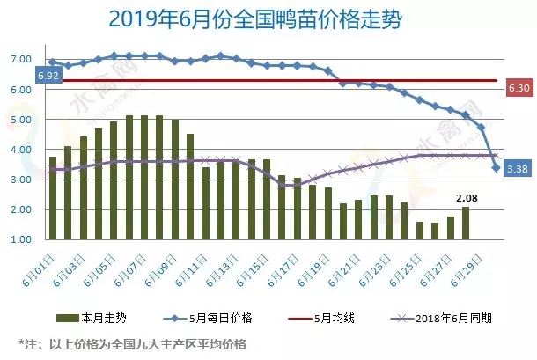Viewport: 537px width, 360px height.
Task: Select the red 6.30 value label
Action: coord(519,89)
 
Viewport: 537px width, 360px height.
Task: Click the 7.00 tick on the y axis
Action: coord(22,59)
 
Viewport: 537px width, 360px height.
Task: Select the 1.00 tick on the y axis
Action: coord(22,239)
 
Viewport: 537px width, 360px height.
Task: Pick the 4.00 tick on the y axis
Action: coord(22,150)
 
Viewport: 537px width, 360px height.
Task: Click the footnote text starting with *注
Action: coord(132,342)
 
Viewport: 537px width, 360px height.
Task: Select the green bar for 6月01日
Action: coord(53,198)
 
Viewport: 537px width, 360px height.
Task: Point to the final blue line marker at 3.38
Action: coord(497,167)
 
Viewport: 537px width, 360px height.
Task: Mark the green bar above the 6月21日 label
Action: coord(344,221)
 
